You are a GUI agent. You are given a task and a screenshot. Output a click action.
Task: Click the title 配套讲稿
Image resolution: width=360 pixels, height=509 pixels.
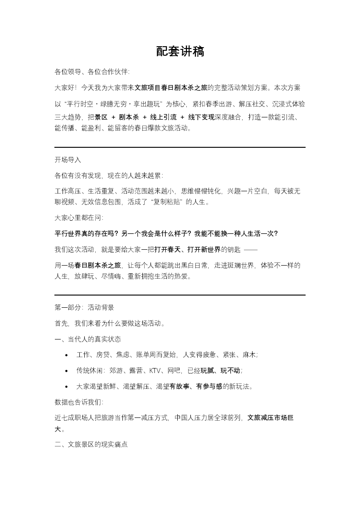coord(180,52)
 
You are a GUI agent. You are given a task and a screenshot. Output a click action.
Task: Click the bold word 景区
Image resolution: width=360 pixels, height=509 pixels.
coord(101,117)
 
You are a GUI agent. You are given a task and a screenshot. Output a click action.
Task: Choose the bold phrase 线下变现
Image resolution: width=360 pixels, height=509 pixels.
coord(201,117)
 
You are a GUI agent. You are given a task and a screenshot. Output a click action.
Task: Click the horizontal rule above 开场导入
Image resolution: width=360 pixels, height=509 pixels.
coord(180,147)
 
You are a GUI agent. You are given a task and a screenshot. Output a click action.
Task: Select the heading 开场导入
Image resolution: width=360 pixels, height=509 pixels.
coord(68,160)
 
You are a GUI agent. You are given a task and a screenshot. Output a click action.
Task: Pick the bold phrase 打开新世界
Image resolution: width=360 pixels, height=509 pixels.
coord(204,250)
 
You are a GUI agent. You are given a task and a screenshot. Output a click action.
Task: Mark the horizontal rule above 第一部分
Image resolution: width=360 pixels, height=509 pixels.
coord(180,295)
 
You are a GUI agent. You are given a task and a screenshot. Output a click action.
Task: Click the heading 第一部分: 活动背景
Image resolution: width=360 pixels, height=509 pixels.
coord(84,307)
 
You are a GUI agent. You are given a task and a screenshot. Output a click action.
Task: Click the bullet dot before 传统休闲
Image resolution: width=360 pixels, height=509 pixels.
coord(67,371)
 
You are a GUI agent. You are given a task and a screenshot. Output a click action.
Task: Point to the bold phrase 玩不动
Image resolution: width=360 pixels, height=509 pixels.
coord(230,371)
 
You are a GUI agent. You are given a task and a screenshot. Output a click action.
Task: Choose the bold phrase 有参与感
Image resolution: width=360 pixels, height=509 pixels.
coord(207,387)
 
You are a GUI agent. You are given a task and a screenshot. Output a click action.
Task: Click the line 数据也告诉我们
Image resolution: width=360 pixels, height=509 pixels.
coord(78,402)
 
